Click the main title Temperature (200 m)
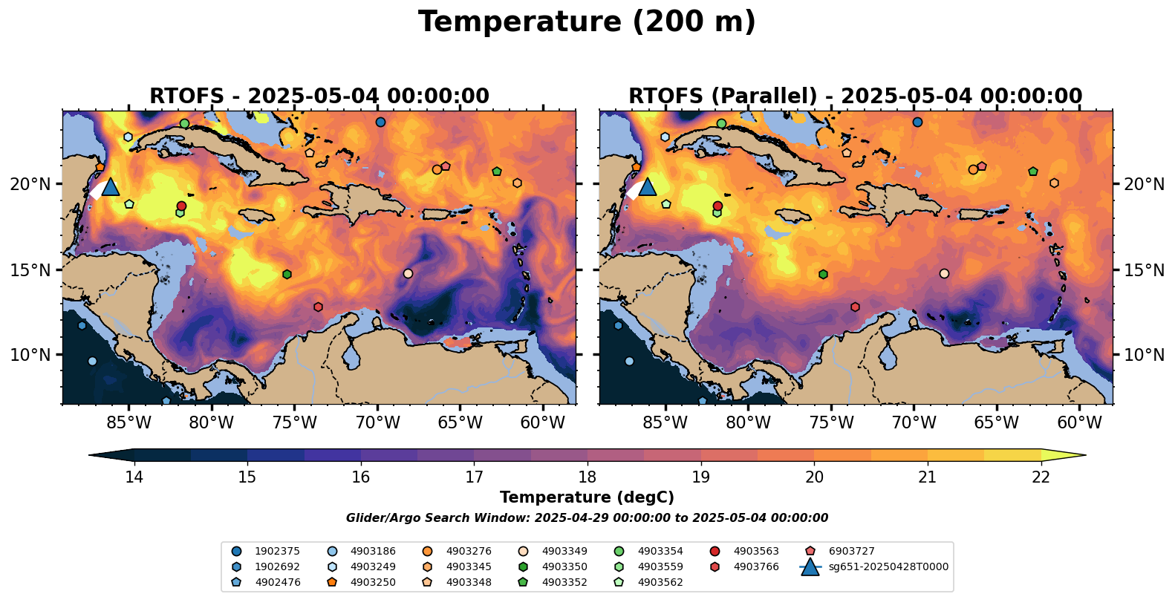click(587, 22)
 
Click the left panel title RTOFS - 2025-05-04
click(319, 97)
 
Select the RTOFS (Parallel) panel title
click(855, 97)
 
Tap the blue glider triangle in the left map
click(111, 187)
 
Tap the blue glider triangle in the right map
click(647, 187)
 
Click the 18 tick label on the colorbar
click(587, 477)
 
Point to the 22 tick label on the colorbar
click(1041, 477)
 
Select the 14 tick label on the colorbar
click(134, 477)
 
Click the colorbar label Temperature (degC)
click(587, 497)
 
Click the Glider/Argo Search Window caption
click(587, 518)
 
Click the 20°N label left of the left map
click(30, 184)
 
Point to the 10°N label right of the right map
click(1144, 355)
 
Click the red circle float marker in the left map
click(181, 206)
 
